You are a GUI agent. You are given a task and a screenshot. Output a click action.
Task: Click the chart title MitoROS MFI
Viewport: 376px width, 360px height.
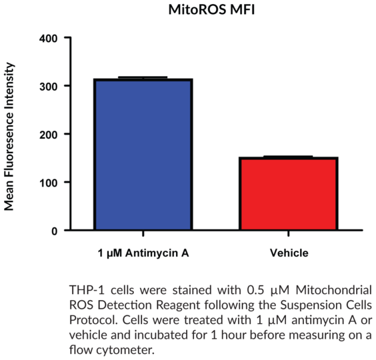[x=211, y=10]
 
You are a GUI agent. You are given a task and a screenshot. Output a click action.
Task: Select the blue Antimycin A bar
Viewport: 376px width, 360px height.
[x=143, y=154]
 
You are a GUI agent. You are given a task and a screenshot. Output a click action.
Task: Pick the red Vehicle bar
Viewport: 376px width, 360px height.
[x=289, y=193]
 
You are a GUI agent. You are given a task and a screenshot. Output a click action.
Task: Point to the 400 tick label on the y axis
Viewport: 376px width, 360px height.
[x=49, y=39]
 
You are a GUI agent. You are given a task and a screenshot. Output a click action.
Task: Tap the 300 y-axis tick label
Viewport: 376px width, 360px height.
[x=49, y=87]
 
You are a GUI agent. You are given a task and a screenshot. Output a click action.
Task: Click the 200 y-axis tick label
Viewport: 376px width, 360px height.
[x=49, y=135]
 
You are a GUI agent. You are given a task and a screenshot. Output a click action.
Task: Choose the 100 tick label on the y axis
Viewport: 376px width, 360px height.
[x=49, y=183]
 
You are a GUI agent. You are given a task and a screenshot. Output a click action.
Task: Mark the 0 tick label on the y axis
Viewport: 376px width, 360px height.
[x=55, y=231]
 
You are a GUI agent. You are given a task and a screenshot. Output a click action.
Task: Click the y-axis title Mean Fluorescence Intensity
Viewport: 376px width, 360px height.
[x=9, y=137]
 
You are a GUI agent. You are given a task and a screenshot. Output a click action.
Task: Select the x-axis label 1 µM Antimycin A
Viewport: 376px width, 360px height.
[x=143, y=253]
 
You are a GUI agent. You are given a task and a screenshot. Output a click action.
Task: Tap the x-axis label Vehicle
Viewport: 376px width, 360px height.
[x=289, y=253]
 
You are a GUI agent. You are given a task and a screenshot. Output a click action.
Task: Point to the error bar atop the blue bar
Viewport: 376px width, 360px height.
[x=143, y=77]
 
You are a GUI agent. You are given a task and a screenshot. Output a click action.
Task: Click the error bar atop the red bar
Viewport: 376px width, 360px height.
[x=288, y=157]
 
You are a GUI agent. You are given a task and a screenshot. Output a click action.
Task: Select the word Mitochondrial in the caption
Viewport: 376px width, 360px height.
[x=333, y=290]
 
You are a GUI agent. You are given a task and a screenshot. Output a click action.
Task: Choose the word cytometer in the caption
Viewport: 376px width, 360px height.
[x=125, y=350]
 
